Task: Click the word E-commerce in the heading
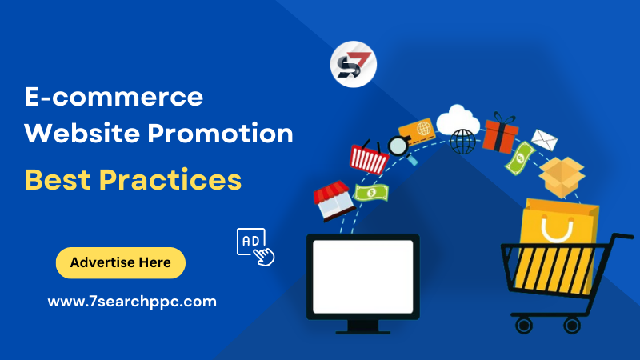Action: click(x=113, y=98)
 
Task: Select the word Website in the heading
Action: click(x=73, y=133)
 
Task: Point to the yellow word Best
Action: click(x=55, y=179)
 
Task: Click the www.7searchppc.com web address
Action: click(x=132, y=302)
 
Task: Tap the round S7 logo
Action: click(x=353, y=65)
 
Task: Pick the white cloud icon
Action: click(x=458, y=119)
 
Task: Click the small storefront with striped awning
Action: click(x=333, y=201)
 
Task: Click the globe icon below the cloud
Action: click(x=462, y=142)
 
